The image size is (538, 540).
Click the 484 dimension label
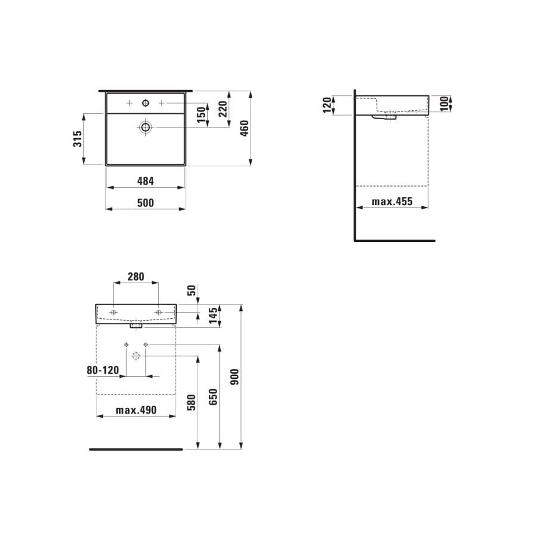(x=145, y=181)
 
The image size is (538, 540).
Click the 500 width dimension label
(x=145, y=203)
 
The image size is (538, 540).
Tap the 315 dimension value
(x=78, y=139)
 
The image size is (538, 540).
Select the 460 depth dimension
(x=245, y=129)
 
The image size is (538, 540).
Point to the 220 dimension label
(x=223, y=109)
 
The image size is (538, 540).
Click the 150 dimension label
(x=201, y=114)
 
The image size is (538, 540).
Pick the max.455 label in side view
(x=392, y=201)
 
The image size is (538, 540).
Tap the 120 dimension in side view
(x=327, y=105)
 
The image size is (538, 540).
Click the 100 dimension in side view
(x=445, y=104)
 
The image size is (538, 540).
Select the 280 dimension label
(x=136, y=277)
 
